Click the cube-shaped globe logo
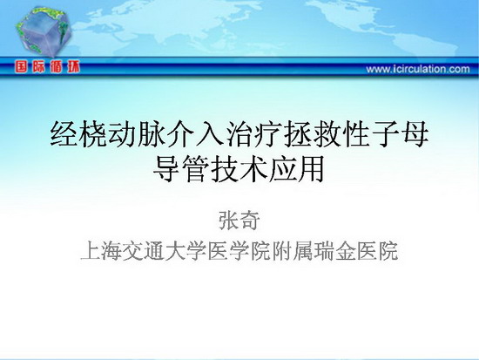tap(44, 31)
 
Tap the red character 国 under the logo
tap(22, 66)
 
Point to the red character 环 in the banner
tap(74, 66)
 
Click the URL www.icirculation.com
tap(418, 69)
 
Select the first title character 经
tap(64, 134)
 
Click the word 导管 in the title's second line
tap(181, 169)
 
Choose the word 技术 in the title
tap(239, 169)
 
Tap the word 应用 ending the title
tap(296, 169)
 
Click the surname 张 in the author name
tap(228, 221)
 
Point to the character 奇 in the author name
tap(250, 221)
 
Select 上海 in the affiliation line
tap(100, 251)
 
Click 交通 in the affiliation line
tap(143, 251)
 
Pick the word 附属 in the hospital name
tap(292, 251)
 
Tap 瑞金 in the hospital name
tap(334, 251)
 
